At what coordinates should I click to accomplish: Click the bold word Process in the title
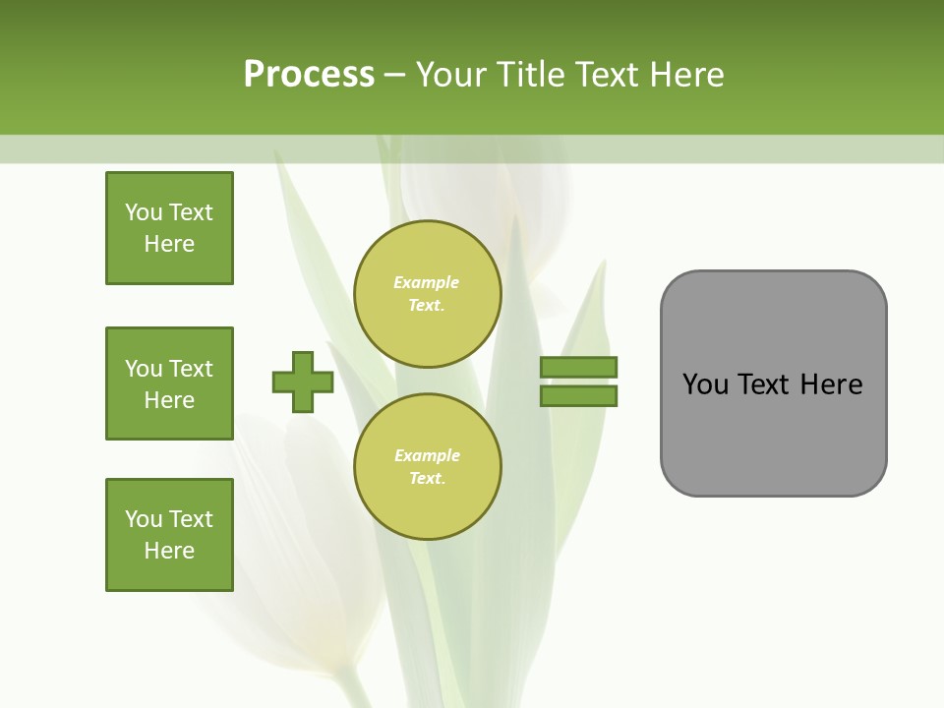309,75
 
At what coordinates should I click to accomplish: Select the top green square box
169,228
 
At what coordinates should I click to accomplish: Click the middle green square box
169,383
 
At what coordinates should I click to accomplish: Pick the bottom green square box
169,535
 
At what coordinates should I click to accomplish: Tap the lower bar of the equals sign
578,396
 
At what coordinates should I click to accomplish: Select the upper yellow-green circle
427,294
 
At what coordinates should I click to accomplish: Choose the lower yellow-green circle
427,467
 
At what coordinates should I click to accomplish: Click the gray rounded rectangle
773,383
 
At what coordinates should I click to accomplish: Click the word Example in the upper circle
427,282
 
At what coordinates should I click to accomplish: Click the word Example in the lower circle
427,455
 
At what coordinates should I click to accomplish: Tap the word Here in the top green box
169,244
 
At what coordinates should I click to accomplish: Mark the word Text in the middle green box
190,369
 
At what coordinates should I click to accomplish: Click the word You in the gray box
705,384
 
